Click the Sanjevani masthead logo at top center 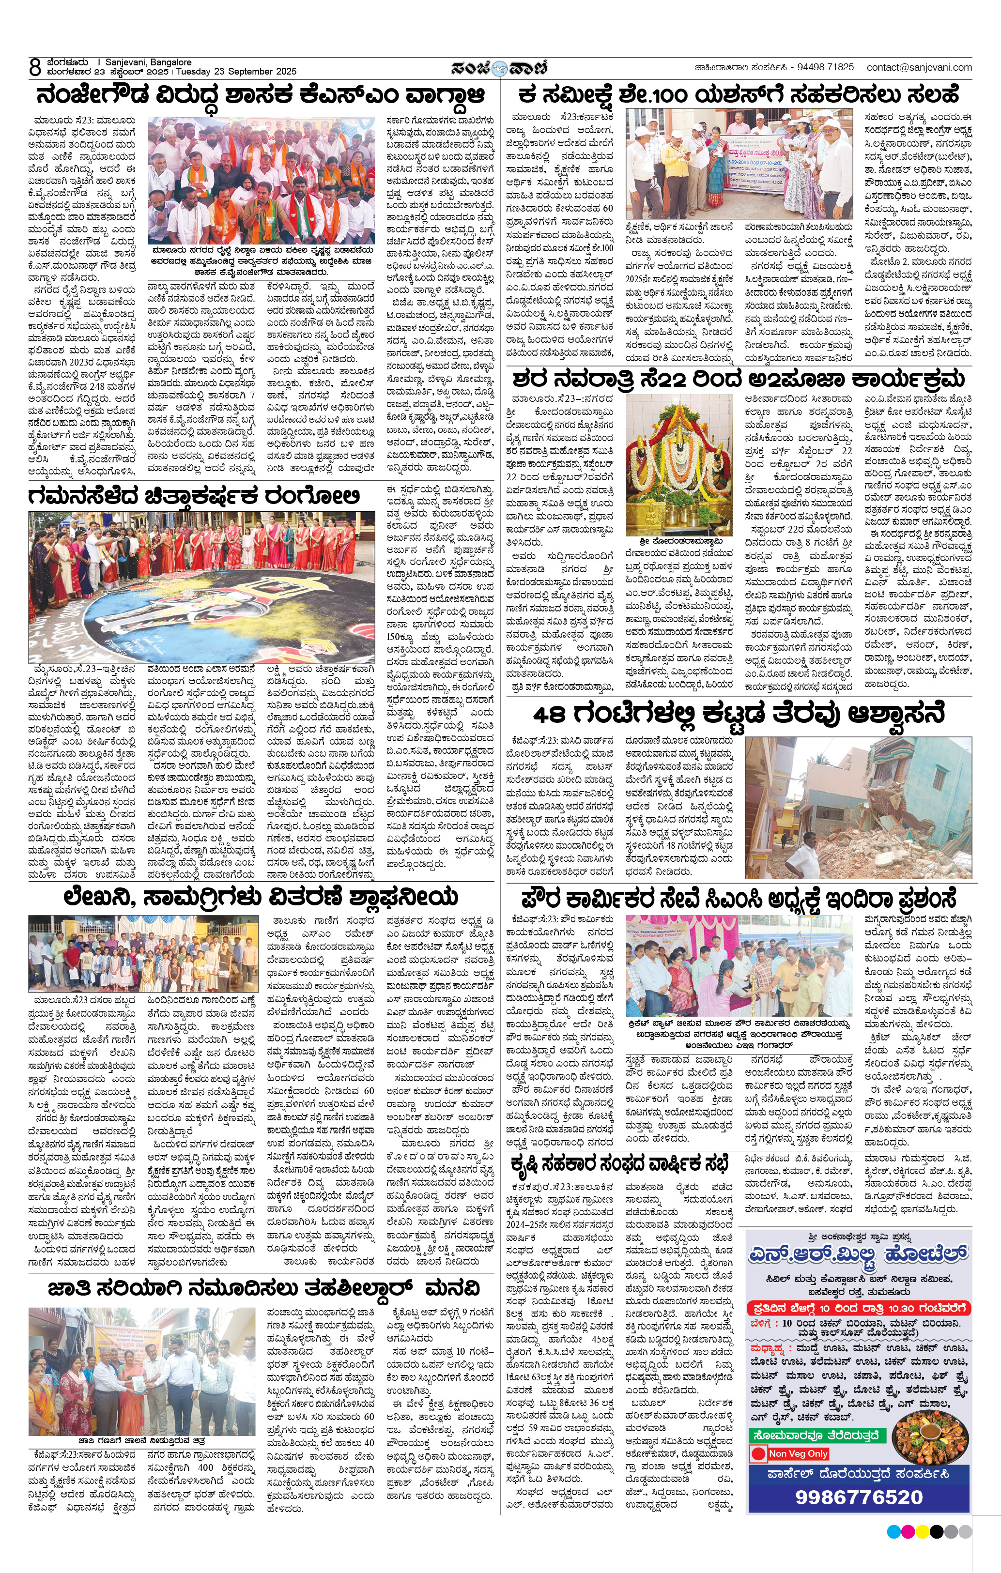coord(499,67)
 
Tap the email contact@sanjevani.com coord(919,67)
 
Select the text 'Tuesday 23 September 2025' coord(236,72)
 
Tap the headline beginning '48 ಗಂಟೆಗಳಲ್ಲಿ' coord(739,714)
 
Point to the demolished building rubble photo coord(858,808)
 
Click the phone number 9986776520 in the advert coord(859,1497)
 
